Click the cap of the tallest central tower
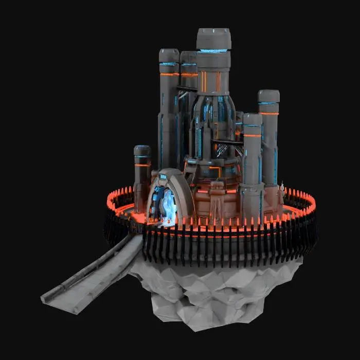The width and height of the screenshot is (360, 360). pos(213,39)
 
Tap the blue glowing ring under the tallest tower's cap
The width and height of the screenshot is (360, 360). pos(213,51)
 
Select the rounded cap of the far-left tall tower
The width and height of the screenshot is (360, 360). pos(169,55)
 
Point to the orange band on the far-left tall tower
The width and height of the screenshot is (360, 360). pos(169,75)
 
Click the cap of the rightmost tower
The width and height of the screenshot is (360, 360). pos(268,96)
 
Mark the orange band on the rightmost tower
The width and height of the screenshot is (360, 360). pos(268,113)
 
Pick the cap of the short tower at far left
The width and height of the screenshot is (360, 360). pos(142,151)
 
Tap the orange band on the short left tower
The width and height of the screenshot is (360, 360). pos(142,165)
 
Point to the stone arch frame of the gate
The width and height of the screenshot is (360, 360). pos(183,190)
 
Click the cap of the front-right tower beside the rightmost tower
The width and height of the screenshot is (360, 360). pos(253,119)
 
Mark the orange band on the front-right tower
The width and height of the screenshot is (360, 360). pos(253,135)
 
